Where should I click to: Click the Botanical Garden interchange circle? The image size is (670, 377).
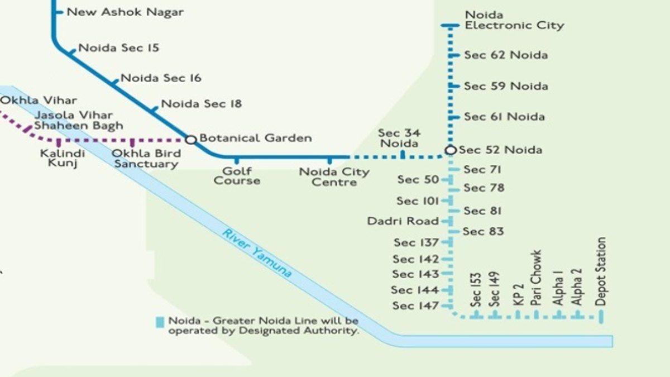tap(190, 139)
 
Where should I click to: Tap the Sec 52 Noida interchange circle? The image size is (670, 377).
tap(451, 150)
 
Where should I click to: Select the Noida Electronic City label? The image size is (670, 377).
tap(514, 20)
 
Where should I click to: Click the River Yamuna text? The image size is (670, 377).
tap(257, 253)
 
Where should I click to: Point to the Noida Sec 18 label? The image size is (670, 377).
tap(201, 104)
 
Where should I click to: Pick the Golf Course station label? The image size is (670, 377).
tap(237, 176)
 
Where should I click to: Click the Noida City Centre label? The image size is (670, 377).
tap(334, 177)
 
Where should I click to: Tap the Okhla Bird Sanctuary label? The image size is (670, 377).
tap(146, 159)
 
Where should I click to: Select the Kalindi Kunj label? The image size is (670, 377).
tap(63, 158)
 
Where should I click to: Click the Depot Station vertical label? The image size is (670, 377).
tap(601, 271)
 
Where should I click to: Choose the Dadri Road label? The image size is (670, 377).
tap(403, 221)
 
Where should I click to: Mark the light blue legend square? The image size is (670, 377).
tap(160, 322)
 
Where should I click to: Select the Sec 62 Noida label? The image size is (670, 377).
tap(506, 55)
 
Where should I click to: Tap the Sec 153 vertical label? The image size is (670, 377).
tap(476, 289)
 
